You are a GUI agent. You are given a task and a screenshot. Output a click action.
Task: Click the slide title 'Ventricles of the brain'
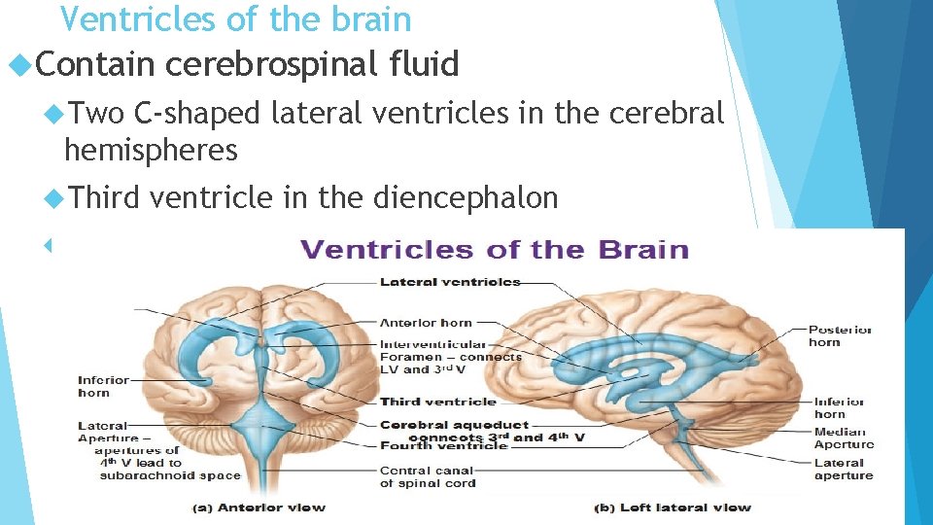(x=236, y=18)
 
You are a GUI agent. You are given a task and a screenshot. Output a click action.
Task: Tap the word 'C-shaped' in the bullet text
(x=197, y=114)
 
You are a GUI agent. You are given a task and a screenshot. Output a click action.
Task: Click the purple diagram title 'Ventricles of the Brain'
(x=495, y=250)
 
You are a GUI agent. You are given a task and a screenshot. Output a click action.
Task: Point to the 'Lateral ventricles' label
(x=450, y=282)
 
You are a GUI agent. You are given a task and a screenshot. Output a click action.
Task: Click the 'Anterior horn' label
(x=426, y=323)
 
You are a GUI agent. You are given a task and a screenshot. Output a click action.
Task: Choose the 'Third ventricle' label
(x=437, y=402)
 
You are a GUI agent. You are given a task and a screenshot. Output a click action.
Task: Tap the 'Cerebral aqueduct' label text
(x=454, y=425)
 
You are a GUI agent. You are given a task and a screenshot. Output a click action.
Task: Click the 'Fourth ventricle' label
(x=443, y=445)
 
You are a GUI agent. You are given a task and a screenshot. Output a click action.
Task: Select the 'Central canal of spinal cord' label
(x=429, y=476)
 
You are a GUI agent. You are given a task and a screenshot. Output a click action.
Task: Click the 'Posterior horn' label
(x=840, y=335)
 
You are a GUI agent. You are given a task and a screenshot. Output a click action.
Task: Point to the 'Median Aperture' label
(x=844, y=438)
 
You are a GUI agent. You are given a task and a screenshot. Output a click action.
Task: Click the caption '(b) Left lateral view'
(x=673, y=507)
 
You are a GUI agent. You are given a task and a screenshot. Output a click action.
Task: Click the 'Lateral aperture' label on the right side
(x=844, y=470)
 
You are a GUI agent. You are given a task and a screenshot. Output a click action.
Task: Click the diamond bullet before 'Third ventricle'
(x=54, y=198)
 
